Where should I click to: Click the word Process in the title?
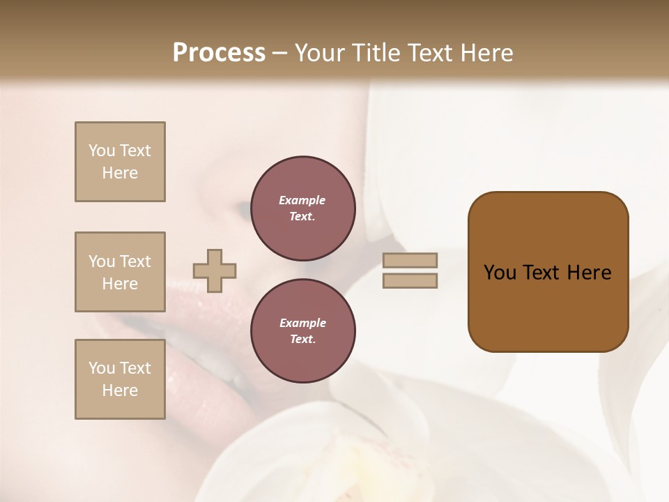(219, 53)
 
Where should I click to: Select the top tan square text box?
(120, 162)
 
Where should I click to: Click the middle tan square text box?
(120, 272)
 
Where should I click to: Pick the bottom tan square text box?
(120, 379)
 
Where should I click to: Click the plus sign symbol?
(215, 271)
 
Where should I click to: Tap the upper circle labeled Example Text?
(303, 208)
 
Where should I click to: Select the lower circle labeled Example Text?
(303, 331)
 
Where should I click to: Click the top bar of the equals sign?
(410, 261)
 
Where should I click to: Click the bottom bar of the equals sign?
(410, 281)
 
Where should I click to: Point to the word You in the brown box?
(500, 273)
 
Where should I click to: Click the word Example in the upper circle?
(302, 200)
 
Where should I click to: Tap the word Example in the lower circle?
(302, 323)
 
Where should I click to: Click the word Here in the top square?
(120, 173)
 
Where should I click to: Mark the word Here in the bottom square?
(120, 390)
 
